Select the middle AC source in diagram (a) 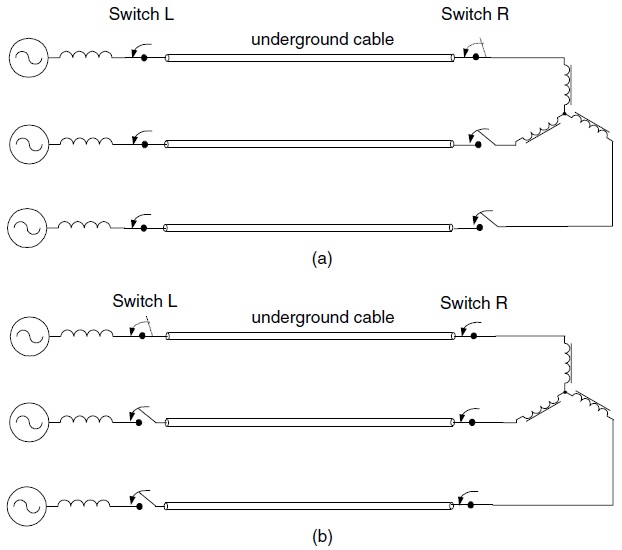pos(26,145)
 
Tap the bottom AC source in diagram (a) pos(26,228)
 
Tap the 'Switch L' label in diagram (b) pos(145,300)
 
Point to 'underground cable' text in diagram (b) pos(323,318)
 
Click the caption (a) pos(321,258)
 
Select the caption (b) pos(321,536)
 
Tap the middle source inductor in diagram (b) pos(88,419)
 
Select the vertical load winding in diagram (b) pos(565,366)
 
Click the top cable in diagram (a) pos(310,58)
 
